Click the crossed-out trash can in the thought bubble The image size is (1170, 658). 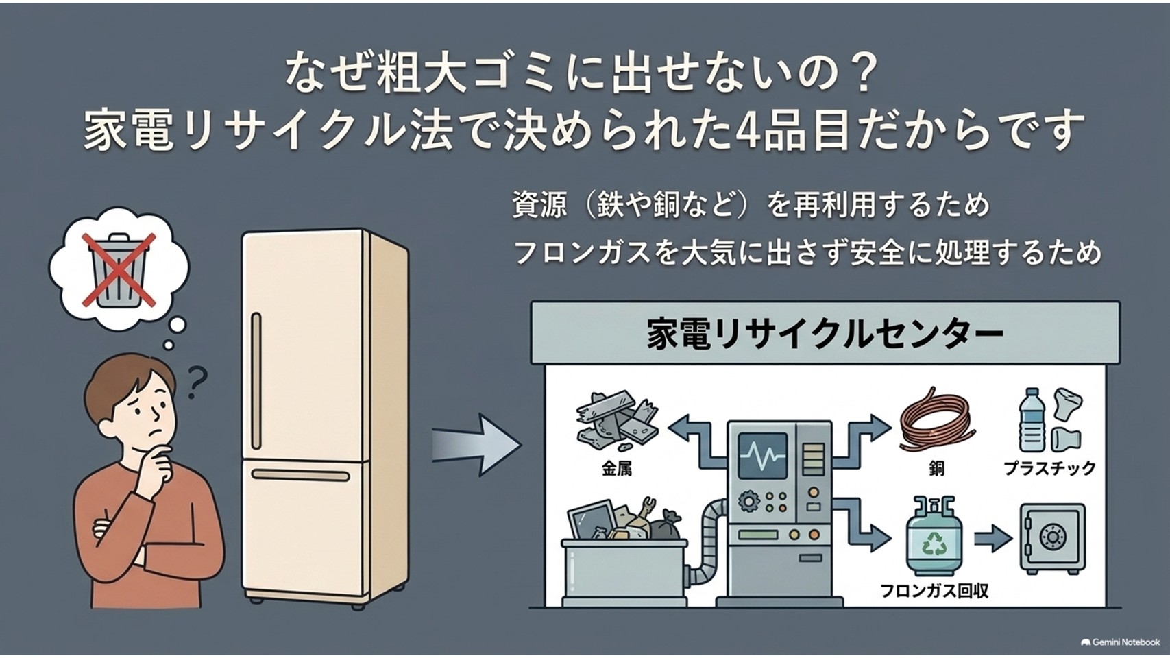pyautogui.click(x=119, y=270)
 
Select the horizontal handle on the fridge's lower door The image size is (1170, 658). pyautogui.click(x=300, y=475)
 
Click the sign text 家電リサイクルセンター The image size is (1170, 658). pyautogui.click(x=825, y=334)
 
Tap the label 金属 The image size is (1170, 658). pyautogui.click(x=616, y=469)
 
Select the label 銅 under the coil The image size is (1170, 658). pyautogui.click(x=936, y=469)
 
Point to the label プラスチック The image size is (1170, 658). pyautogui.click(x=1049, y=468)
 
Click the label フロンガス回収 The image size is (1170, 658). pyautogui.click(x=934, y=592)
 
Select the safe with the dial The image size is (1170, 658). pyautogui.click(x=1052, y=538)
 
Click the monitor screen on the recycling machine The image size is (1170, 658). pyautogui.click(x=762, y=454)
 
